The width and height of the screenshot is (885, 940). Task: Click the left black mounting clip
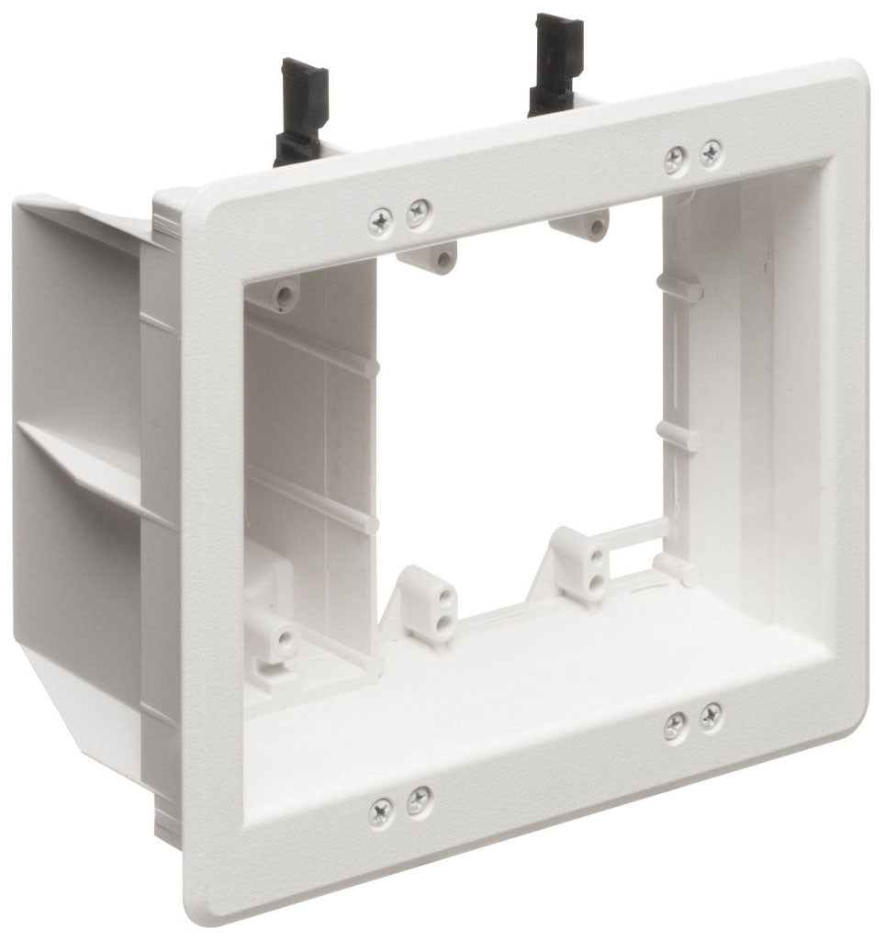(x=297, y=110)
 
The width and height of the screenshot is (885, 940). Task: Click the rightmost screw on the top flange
(x=711, y=153)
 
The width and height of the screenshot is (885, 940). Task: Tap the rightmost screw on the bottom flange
(x=710, y=717)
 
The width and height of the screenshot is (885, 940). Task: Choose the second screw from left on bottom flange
(x=418, y=800)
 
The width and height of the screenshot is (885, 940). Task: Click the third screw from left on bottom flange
(x=675, y=727)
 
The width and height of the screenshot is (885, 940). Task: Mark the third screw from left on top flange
(x=677, y=160)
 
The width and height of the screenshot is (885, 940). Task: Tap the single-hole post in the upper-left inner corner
(x=285, y=294)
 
